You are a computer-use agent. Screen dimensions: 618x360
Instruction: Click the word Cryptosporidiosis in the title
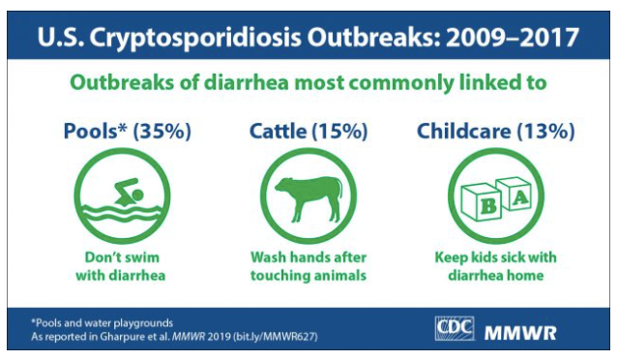pos(195,38)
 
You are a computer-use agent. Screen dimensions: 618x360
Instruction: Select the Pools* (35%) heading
pos(128,131)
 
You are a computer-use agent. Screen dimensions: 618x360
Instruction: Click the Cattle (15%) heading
pos(309,131)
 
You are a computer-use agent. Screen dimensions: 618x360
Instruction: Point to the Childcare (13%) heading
pos(496,131)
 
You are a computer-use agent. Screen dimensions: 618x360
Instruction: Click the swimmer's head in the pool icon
pos(137,195)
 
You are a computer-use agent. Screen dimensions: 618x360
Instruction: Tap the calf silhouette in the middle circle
pos(309,198)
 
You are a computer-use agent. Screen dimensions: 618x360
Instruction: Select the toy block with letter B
pos(482,202)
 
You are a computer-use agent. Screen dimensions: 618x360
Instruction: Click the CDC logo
pos(454,328)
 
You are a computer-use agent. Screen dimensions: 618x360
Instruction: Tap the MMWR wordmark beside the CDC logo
pos(520,333)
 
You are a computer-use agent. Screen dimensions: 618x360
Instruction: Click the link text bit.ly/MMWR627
pos(275,337)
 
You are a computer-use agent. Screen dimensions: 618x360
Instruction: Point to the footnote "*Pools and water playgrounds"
pos(103,323)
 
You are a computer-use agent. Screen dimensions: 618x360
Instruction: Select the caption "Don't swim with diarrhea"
pos(121,266)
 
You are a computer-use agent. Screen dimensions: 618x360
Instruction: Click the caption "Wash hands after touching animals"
pos(309,266)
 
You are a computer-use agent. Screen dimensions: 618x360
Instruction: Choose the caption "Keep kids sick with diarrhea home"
pos(496,266)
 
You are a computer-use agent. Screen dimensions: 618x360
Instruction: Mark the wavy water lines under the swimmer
pos(122,213)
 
